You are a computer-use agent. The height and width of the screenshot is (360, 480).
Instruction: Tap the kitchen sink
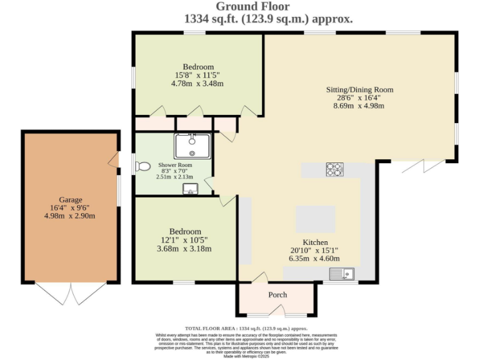(342, 273)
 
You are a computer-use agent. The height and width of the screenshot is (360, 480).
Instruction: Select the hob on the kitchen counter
(334, 169)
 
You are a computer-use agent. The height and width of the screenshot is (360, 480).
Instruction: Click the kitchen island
(316, 219)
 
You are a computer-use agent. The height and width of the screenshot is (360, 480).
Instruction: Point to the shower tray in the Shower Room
(192, 146)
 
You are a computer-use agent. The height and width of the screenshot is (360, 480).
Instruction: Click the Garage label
(71, 200)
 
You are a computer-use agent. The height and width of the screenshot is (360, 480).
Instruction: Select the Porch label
(277, 295)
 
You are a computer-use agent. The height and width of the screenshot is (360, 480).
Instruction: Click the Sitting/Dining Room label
(358, 89)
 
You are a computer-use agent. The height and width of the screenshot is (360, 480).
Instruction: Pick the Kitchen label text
(316, 242)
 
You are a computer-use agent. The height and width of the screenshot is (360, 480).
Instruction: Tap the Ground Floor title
(252, 7)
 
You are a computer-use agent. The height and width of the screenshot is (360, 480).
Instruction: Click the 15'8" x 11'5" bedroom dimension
(198, 76)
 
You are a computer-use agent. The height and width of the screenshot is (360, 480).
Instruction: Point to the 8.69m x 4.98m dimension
(358, 106)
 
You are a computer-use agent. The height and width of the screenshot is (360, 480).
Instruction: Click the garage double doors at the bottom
(71, 292)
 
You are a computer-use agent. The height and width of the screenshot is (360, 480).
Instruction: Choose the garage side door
(114, 161)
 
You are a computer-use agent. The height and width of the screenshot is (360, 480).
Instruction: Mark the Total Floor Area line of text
(246, 328)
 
